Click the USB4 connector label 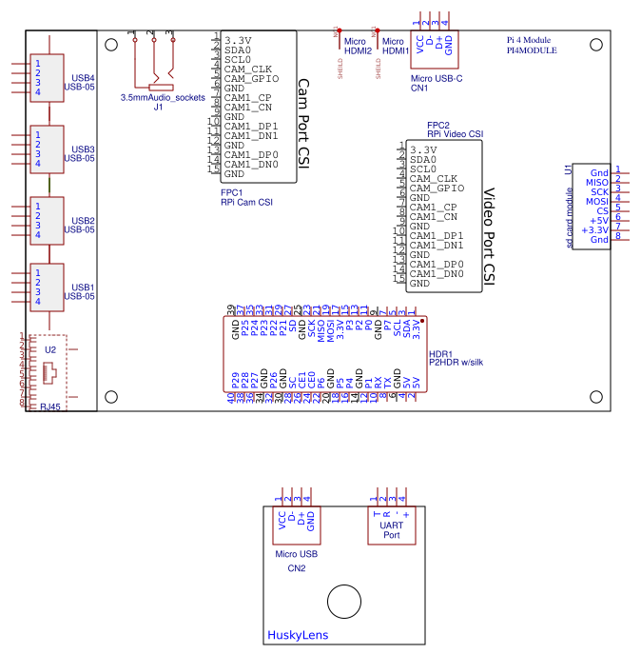tap(83, 77)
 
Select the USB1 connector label tap(83, 287)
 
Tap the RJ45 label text tap(49, 406)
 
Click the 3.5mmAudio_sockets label tap(163, 98)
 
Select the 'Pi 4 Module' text tap(529, 41)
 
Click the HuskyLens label tap(298, 636)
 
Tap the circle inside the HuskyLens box tap(343, 602)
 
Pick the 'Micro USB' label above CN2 tap(296, 554)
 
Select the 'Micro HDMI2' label tap(357, 47)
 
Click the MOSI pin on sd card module tap(596, 202)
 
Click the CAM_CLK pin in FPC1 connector tap(248, 69)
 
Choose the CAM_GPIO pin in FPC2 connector tap(437, 188)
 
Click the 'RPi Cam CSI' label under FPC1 tap(246, 202)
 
